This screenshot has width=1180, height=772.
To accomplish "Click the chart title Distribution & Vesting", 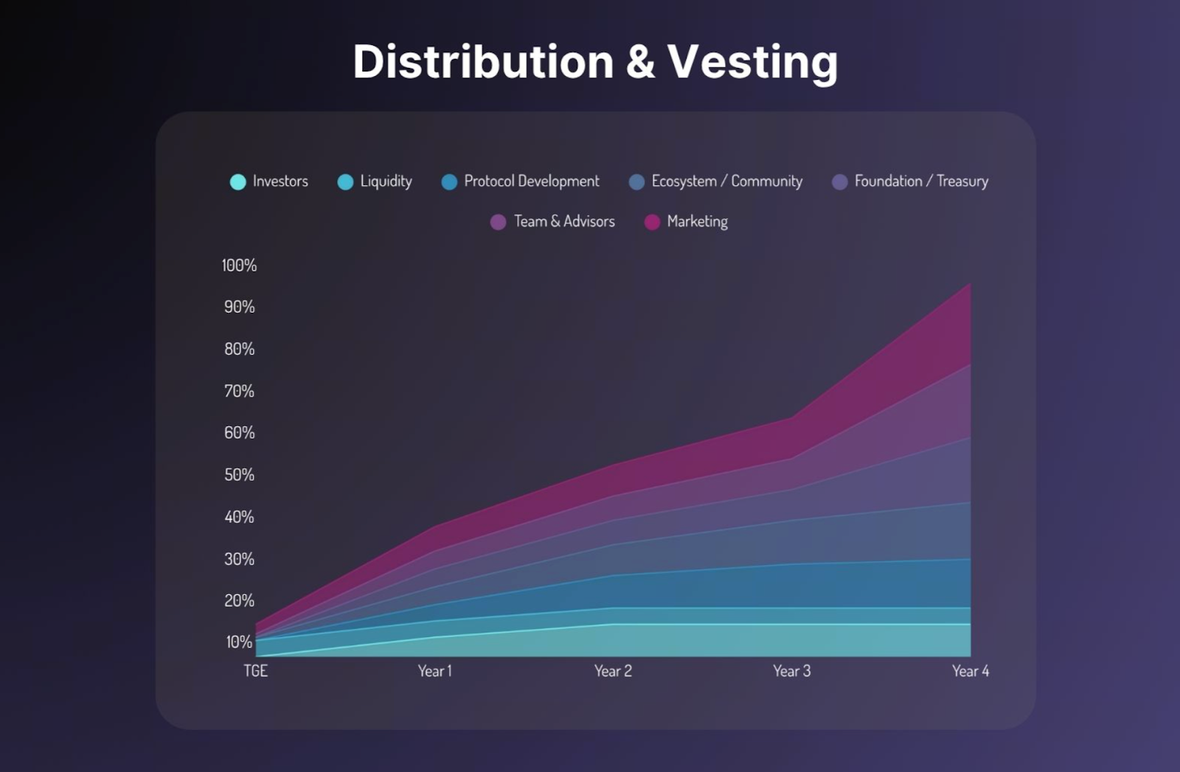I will coord(595,61).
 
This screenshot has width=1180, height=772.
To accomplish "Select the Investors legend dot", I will coord(237,182).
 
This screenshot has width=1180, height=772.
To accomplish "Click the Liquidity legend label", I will coord(386,181).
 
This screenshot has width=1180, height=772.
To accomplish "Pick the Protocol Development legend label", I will coord(531,181).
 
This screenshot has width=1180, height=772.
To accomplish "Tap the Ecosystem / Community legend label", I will coord(726,181).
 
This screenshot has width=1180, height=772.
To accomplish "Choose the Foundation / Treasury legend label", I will coord(921,181).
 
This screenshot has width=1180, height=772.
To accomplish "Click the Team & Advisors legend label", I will coord(564,221).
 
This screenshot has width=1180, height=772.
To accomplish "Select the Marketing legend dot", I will coord(652,222).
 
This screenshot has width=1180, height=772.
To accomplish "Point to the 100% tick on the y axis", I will coord(239,265).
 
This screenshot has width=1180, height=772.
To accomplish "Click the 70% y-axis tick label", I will coord(239,391).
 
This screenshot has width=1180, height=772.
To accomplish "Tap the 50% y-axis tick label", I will coord(239,475).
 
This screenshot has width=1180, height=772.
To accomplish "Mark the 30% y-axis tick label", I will coord(239,559).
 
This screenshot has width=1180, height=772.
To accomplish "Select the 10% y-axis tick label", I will coord(239,642).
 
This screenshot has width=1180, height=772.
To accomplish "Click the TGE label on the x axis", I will coord(255,671).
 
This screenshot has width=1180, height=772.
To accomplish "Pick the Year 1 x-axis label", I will coord(434,671).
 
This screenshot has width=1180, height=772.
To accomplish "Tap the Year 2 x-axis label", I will coord(613,671).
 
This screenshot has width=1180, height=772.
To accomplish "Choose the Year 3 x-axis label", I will coord(791,671).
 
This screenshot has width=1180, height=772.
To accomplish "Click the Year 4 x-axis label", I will coord(970,671).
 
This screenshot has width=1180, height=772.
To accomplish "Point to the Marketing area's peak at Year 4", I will coord(970,284).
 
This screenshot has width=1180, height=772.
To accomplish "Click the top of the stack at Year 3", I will coord(792,418).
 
